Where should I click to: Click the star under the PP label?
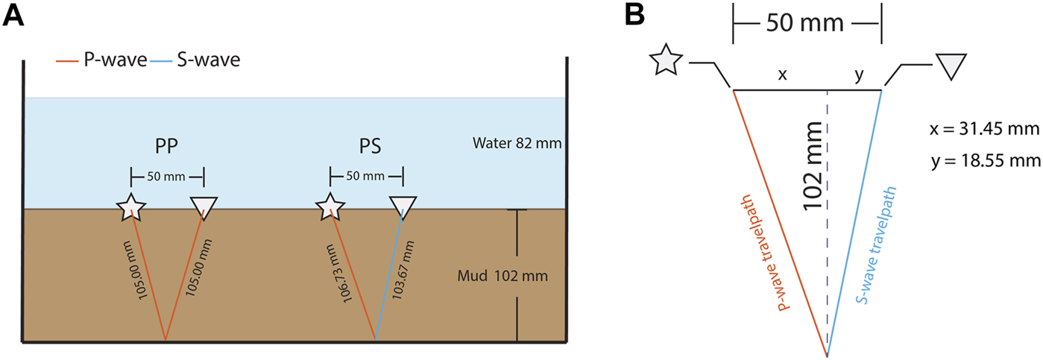pos(131,206)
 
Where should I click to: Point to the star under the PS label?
pos(329,206)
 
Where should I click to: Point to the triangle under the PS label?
pos(403,206)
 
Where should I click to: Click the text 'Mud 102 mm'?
pos(502,277)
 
